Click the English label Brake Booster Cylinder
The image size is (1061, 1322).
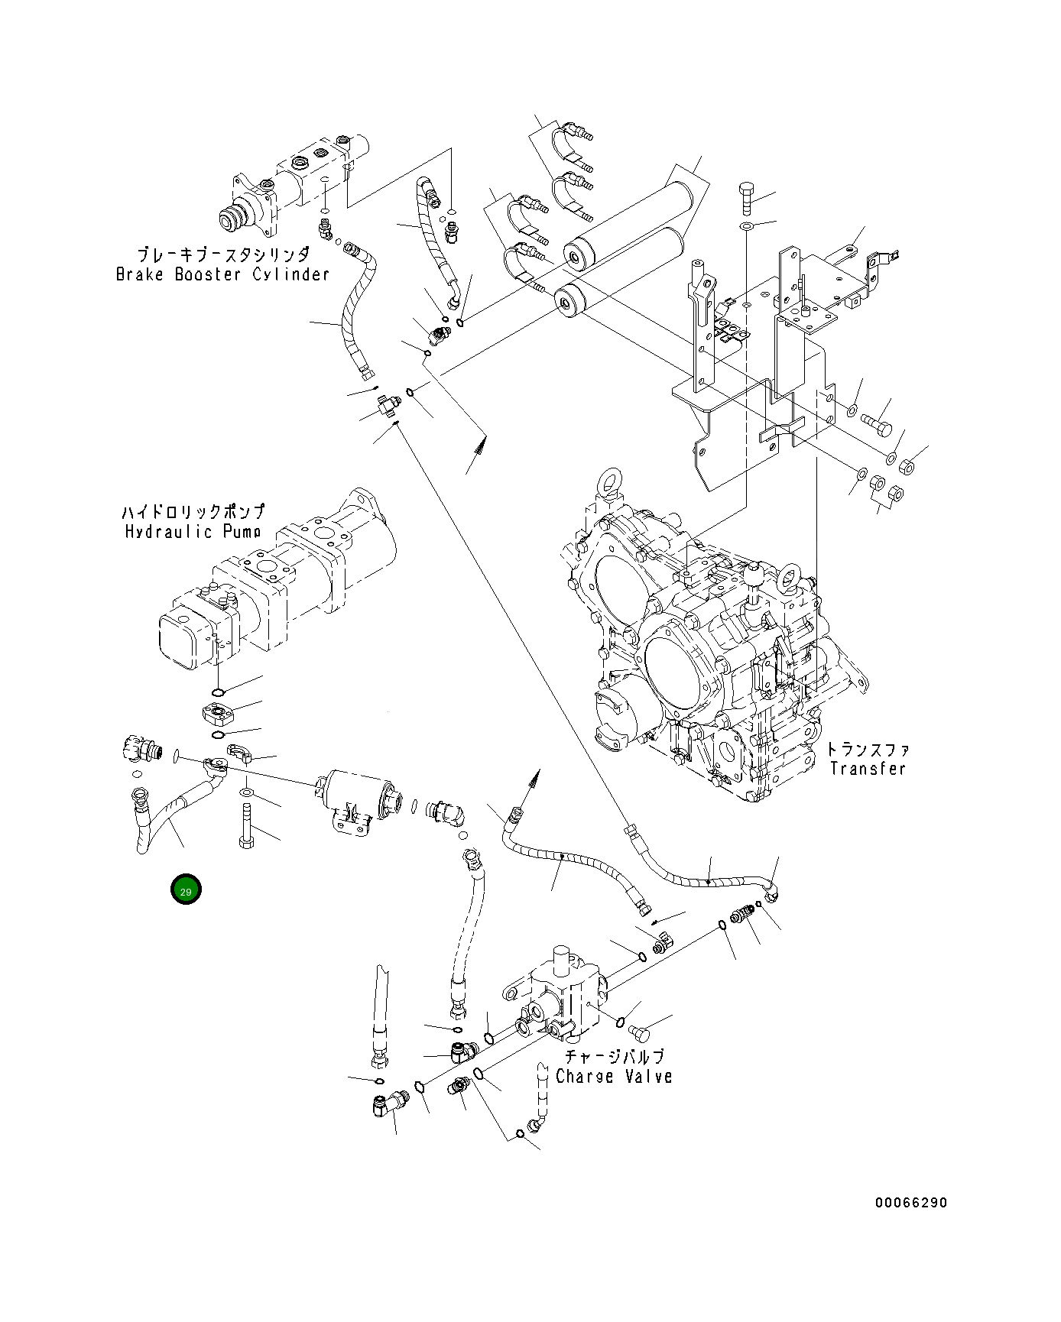pyautogui.click(x=222, y=274)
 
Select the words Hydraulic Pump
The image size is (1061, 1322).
pyautogui.click(x=193, y=531)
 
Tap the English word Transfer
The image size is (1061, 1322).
pyautogui.click(x=868, y=769)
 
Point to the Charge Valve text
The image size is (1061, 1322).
pyautogui.click(x=614, y=1077)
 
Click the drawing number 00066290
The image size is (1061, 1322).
pyautogui.click(x=911, y=1203)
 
